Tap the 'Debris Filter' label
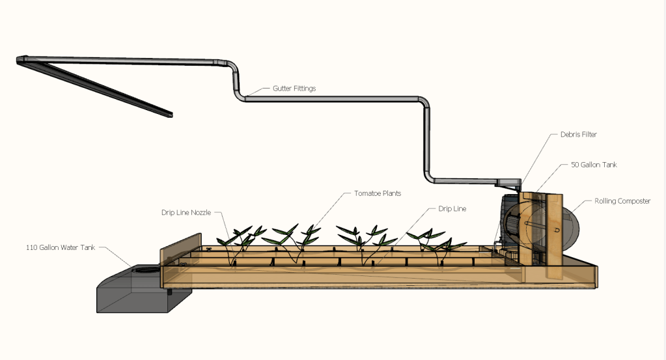578,135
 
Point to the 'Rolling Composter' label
622,201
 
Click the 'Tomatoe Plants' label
378,193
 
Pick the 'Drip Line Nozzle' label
187,212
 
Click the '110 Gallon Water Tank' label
58,247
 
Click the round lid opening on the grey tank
145,268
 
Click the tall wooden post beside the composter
554,234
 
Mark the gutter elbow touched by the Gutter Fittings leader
242,96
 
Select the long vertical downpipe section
428,143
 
